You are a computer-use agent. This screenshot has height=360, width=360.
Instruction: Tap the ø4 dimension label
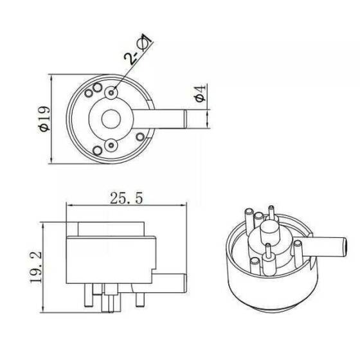tap(200, 94)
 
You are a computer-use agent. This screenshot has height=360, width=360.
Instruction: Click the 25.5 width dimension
tap(125, 198)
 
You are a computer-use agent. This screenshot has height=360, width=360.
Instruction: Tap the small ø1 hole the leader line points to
tap(113, 94)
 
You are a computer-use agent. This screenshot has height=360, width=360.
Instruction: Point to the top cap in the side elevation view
tap(110, 228)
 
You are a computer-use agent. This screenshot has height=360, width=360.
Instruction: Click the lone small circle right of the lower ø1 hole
tap(139, 135)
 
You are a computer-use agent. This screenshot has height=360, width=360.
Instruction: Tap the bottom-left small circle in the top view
tap(96, 150)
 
